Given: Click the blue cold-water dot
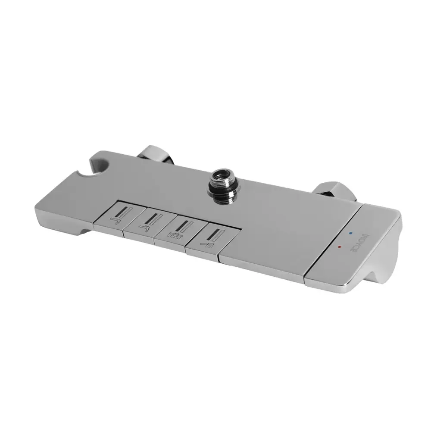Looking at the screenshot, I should pos(351,233).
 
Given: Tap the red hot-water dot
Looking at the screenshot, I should pos(340,247).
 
